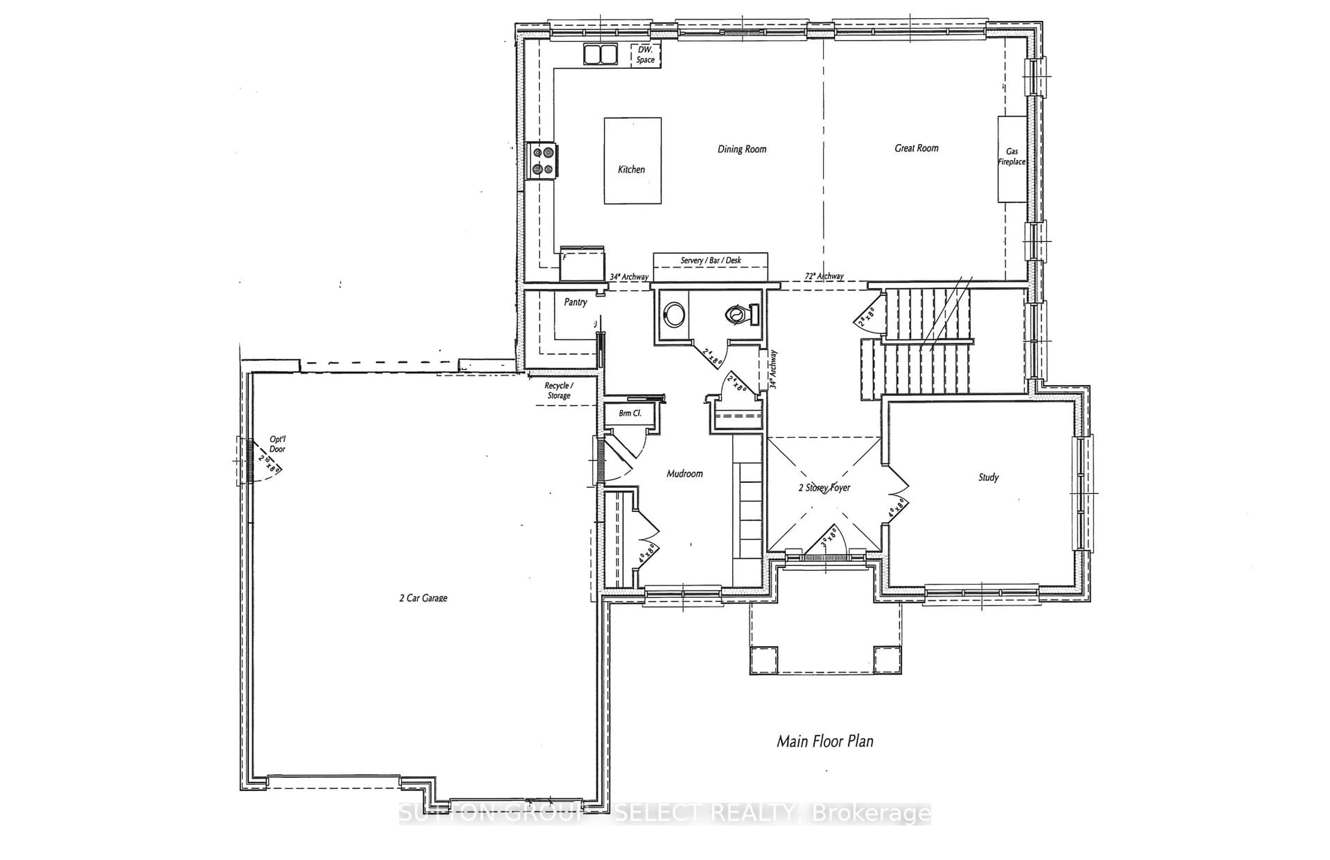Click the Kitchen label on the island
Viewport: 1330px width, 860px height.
point(631,169)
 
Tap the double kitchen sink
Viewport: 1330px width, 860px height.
point(601,54)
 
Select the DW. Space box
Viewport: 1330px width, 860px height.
point(645,55)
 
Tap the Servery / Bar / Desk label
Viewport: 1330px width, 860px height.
point(710,260)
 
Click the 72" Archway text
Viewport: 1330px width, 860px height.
point(824,276)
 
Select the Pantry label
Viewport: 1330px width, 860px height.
point(575,302)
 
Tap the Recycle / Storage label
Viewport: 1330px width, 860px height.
point(559,390)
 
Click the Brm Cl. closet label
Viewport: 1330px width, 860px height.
point(630,413)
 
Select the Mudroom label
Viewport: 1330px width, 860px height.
point(684,474)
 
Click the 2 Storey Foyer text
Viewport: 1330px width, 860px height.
point(824,487)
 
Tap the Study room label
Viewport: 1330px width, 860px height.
point(988,477)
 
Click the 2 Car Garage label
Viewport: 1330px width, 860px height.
point(423,598)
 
